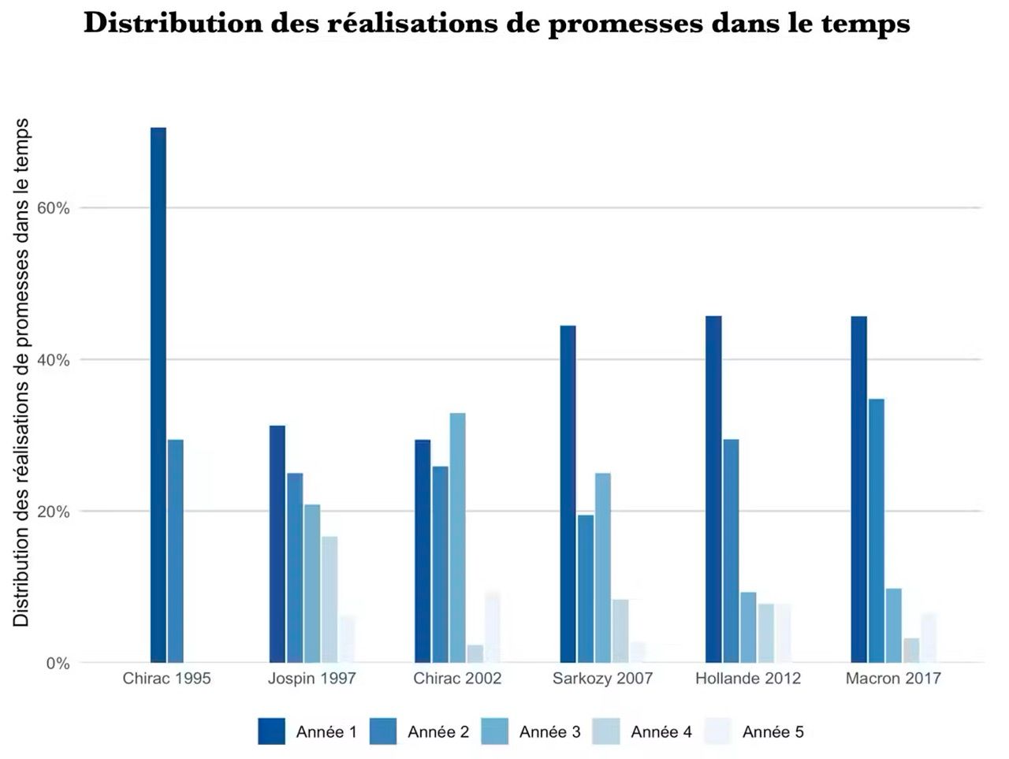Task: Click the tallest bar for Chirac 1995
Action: pos(158,394)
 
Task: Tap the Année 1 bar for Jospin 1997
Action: pos(277,544)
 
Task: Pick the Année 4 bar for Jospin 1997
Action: pos(330,599)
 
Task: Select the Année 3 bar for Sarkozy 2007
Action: pos(603,567)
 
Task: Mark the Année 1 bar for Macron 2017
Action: pos(858,489)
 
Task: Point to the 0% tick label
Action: pos(58,664)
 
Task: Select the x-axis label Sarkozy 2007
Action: pos(602,679)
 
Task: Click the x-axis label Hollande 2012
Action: pos(747,679)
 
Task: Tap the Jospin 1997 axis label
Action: pos(311,679)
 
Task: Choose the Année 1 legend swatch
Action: pos(271,731)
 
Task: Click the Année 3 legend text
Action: pos(549,732)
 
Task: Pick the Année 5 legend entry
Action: pos(773,732)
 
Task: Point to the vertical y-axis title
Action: pos(22,372)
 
